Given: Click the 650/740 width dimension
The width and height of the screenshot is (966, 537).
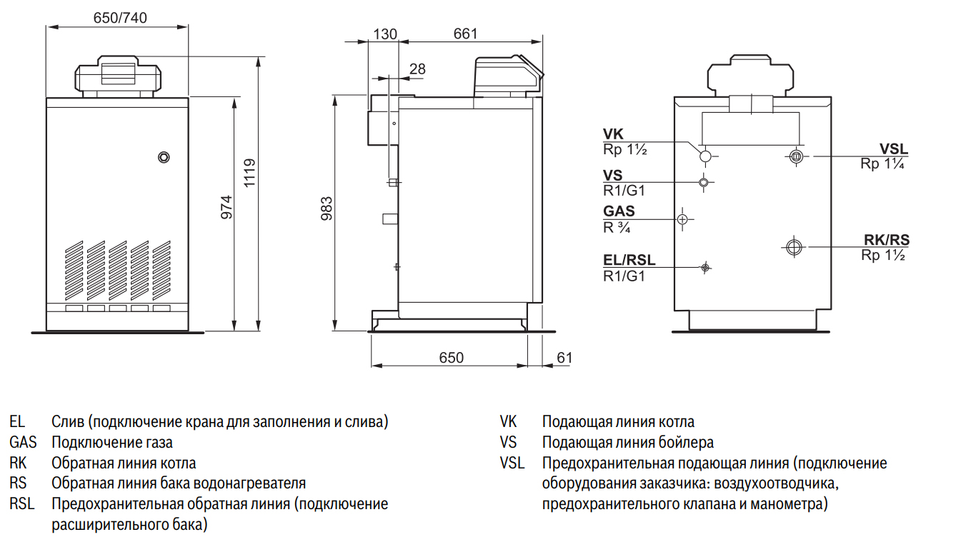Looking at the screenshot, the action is [x=120, y=18].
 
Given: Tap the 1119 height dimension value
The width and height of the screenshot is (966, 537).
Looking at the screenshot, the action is [x=249, y=173].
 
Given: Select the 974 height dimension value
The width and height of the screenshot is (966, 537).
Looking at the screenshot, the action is [x=226, y=207].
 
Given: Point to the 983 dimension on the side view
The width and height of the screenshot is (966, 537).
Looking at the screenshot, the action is [x=327, y=209].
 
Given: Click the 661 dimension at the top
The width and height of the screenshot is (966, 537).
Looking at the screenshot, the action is [x=465, y=34].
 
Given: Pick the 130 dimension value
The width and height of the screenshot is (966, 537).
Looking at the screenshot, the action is [x=384, y=34].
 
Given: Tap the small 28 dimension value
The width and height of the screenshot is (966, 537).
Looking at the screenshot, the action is [x=417, y=69].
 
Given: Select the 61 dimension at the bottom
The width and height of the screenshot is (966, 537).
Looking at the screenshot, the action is [x=564, y=358].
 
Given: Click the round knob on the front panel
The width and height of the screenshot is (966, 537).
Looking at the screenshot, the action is [x=164, y=157].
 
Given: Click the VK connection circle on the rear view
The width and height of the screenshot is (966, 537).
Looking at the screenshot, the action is [x=705, y=156].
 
